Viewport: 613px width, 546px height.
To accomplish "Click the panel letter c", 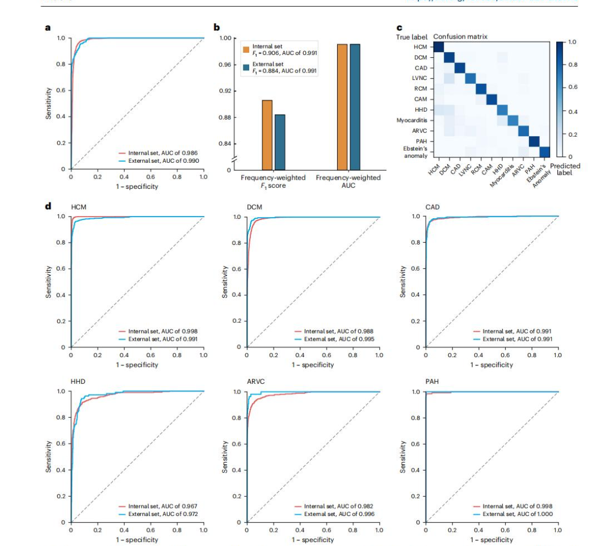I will click(399, 27).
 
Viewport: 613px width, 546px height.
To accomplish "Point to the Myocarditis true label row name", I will click(412, 120).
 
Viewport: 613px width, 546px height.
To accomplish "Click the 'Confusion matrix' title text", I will click(460, 37).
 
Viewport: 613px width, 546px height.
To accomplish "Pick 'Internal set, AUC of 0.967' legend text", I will click(162, 506).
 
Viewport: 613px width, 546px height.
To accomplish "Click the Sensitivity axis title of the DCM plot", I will click(225, 282).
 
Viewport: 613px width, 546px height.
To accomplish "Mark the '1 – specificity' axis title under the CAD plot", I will click(491, 365).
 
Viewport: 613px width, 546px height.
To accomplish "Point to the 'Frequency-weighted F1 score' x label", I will click(273, 181).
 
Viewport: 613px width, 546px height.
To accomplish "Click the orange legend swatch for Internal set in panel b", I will click(246, 49).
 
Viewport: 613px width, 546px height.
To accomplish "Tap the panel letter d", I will click(48, 205).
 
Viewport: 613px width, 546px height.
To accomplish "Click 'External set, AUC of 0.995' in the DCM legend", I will click(338, 339).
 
